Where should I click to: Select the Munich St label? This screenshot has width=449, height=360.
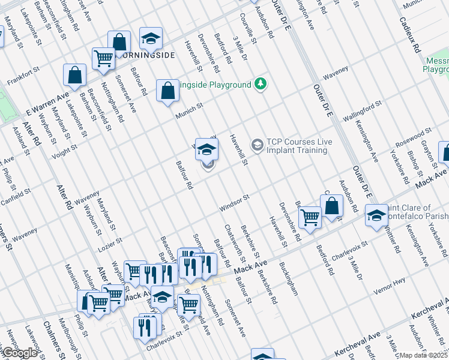click(190, 109)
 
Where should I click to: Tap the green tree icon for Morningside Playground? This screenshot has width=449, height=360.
click(260, 83)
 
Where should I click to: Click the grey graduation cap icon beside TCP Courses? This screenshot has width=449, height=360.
click(258, 145)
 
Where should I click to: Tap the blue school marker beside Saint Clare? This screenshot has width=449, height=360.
click(376, 215)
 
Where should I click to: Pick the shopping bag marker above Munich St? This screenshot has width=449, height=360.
click(167, 91)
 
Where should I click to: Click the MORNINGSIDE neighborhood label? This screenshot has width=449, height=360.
click(148, 55)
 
